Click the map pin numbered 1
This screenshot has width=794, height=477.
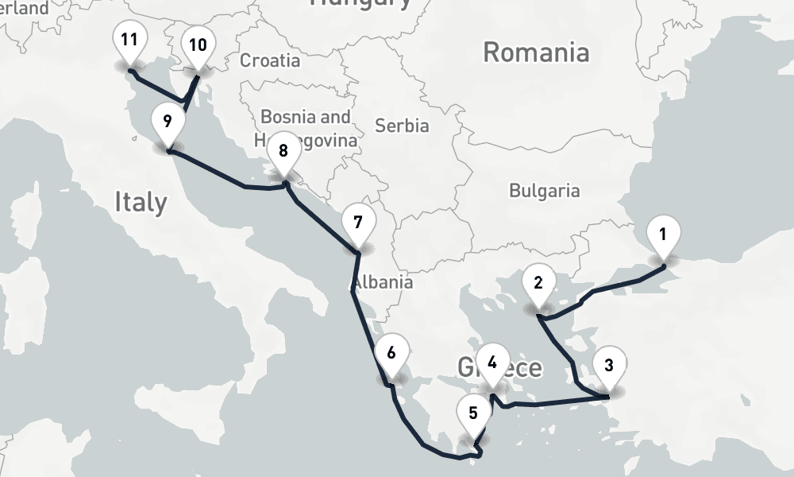coord(663,235)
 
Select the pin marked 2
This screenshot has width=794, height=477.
coord(538,283)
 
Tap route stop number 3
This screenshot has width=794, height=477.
coord(608,366)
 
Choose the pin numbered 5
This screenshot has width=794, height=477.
coord(473,413)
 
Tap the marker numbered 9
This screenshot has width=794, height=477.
coord(167,122)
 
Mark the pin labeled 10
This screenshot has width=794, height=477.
coord(197,45)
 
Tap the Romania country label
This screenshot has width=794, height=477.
coord(536,53)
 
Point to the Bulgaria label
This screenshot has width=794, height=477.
coord(544,191)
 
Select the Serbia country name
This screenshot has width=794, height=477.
coord(402,126)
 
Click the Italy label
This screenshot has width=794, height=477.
coord(141,201)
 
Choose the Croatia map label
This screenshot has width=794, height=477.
coord(270,60)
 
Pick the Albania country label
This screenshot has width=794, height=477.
coord(384,282)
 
